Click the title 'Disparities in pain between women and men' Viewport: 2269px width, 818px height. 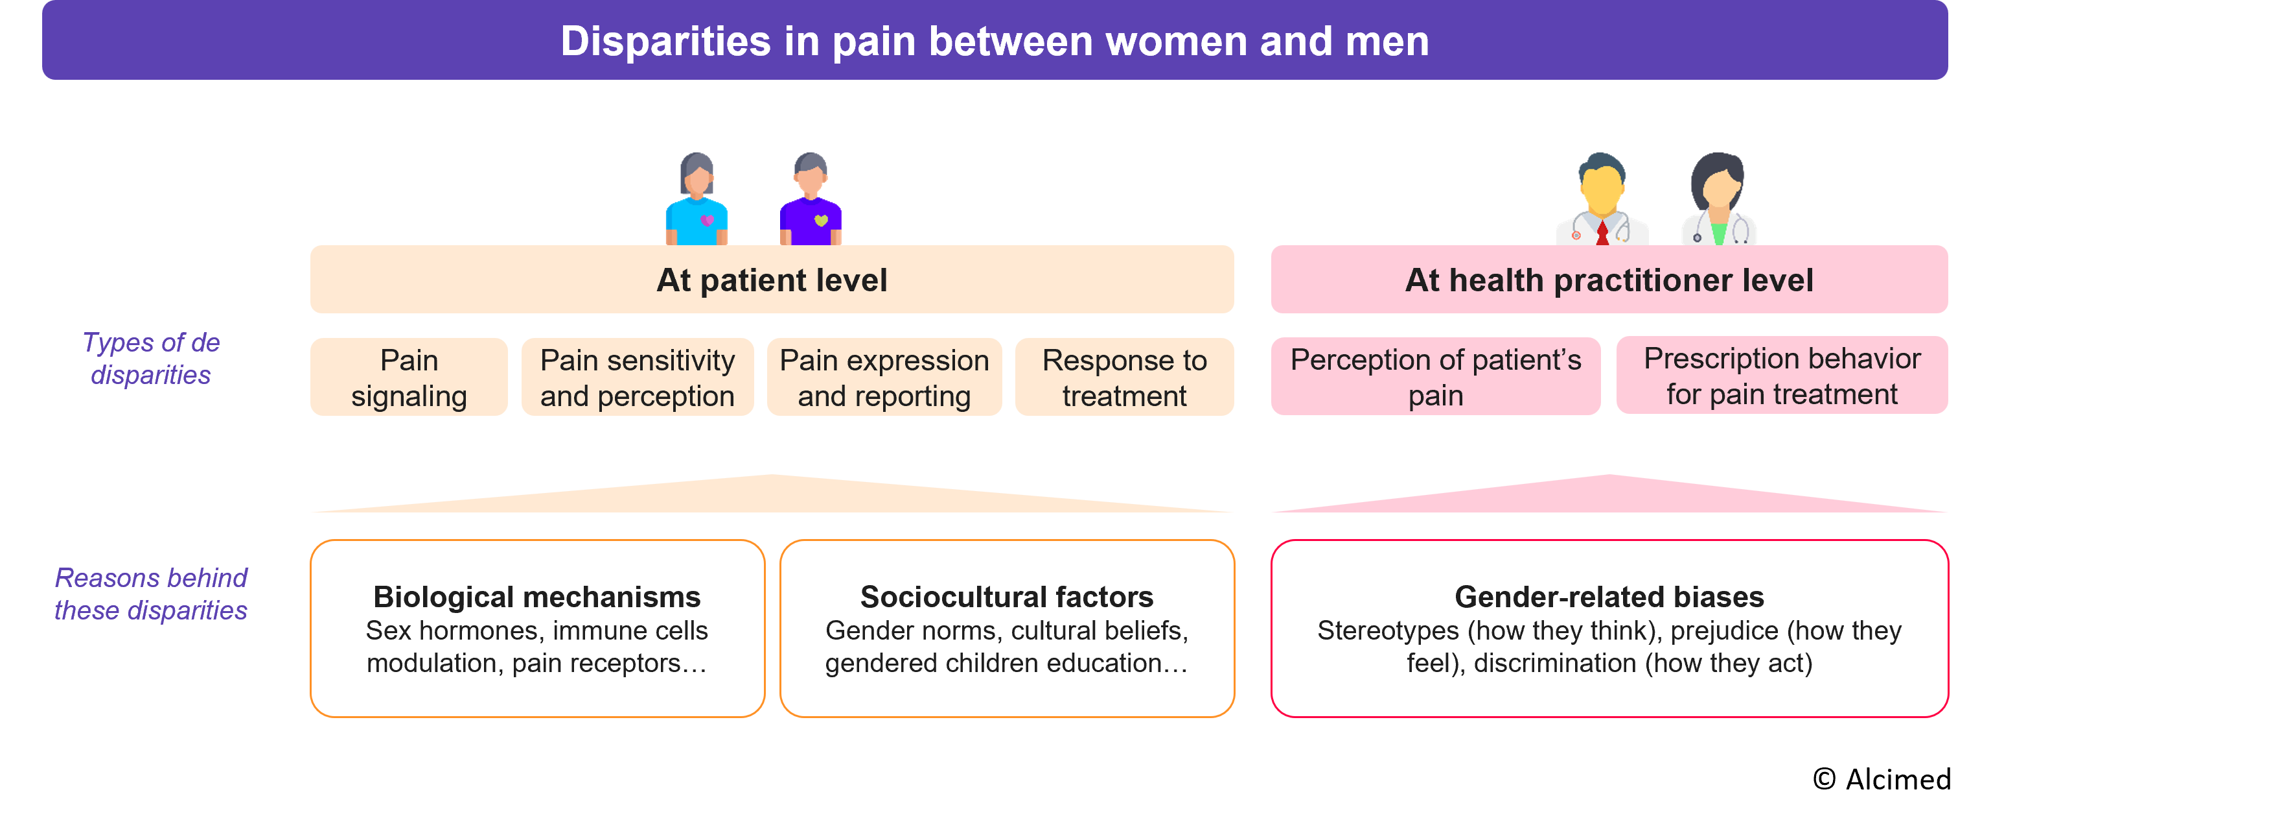[x=995, y=42]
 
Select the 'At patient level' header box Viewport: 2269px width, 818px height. [x=772, y=280]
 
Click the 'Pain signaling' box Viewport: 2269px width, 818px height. [x=409, y=378]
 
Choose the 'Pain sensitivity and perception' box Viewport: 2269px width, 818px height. [x=637, y=378]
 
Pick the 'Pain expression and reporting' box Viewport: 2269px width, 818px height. [x=884, y=378]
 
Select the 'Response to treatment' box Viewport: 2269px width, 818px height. [x=1124, y=378]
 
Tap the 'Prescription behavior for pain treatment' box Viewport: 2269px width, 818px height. [x=1781, y=376]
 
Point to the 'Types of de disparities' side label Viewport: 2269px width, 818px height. [x=150, y=359]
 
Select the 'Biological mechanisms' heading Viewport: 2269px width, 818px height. [x=536, y=597]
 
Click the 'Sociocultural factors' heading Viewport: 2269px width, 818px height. [x=1006, y=597]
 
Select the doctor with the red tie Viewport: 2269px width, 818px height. [x=1602, y=201]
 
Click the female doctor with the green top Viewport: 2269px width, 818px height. [x=1718, y=201]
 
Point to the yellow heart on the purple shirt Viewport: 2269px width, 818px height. [x=821, y=221]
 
